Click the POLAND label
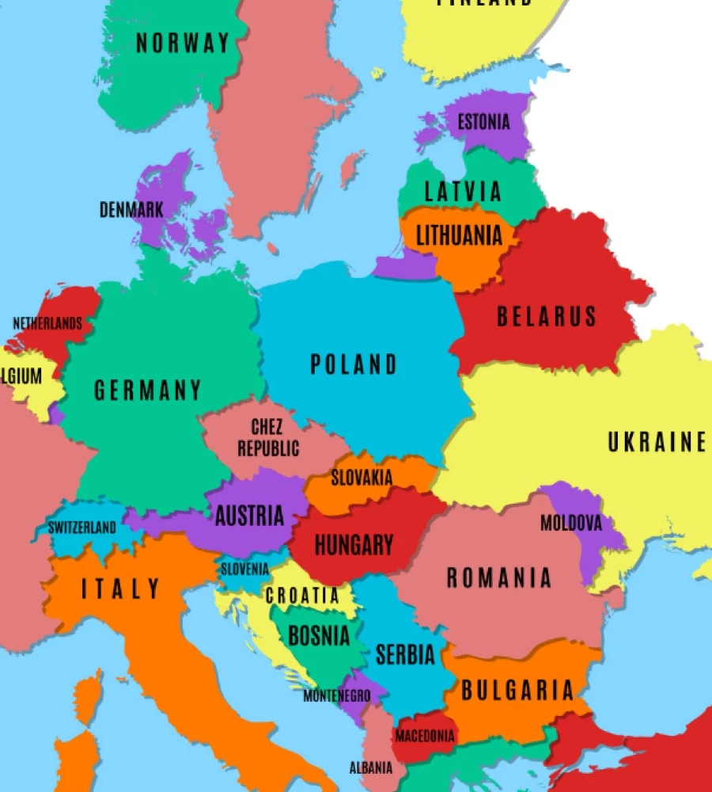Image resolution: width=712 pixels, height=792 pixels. [354, 364]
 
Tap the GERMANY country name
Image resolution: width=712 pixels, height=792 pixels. [148, 390]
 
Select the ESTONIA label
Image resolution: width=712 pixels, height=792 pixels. [483, 123]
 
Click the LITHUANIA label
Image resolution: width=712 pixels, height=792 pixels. [459, 235]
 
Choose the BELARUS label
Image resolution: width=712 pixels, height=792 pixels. [546, 317]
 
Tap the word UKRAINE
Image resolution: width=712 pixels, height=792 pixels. [657, 442]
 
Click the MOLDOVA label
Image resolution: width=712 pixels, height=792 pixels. [570, 524]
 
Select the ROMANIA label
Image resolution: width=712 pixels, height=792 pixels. [498, 578]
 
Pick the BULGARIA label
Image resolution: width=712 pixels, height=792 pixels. [517, 691]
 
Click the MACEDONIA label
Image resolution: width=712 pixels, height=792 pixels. [426, 737]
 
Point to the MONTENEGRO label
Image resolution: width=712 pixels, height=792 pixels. [337, 696]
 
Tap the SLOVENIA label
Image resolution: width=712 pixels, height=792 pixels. [244, 569]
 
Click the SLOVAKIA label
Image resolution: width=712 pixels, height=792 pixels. [362, 478]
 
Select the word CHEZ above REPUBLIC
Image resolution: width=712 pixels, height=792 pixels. [267, 428]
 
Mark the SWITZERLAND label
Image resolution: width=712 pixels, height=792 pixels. [81, 527]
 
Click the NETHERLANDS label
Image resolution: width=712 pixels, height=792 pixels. [47, 324]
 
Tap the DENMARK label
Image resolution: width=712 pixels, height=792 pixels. [131, 210]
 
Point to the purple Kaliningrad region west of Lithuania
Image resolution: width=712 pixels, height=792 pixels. [403, 263]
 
